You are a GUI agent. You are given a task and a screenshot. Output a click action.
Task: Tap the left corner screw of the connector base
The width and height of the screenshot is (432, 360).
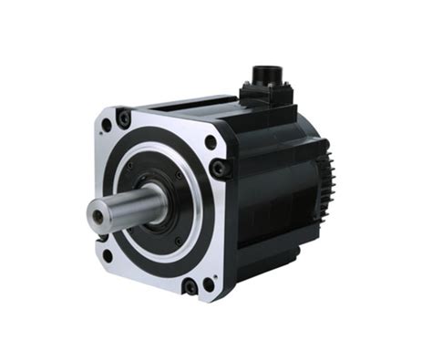(x=246, y=92)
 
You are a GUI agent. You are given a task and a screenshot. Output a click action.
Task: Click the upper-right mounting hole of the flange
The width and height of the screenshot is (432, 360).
(x=211, y=142)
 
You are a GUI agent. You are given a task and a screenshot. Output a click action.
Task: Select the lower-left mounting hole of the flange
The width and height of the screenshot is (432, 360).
(x=108, y=256)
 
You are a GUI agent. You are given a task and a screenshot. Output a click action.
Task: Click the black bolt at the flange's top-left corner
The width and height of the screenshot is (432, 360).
(x=124, y=118)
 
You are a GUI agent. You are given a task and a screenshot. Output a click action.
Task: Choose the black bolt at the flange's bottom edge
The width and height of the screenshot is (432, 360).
(x=190, y=288)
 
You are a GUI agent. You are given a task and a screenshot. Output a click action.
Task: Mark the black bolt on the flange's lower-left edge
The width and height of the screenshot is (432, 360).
(x=101, y=239)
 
